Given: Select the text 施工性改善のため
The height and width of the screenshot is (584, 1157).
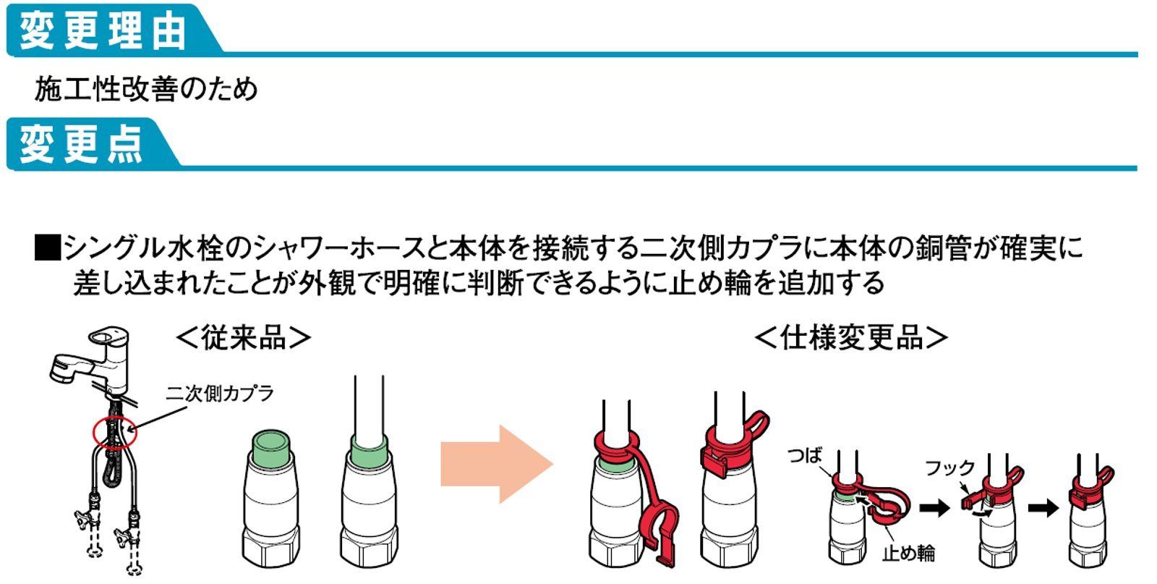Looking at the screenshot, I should pyautogui.click(x=145, y=90).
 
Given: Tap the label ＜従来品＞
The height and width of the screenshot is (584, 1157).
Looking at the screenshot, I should pyautogui.click(x=244, y=337).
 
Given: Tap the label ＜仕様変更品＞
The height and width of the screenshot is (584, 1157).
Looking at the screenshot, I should pyautogui.click(x=850, y=337).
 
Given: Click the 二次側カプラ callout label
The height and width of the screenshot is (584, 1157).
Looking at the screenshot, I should pyautogui.click(x=220, y=394).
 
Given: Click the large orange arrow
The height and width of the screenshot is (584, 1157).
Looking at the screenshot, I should pyautogui.click(x=496, y=464).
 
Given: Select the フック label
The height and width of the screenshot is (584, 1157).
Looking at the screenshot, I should pyautogui.click(x=950, y=468).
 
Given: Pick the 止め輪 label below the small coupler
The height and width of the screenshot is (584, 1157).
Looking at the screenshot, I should pyautogui.click(x=908, y=553).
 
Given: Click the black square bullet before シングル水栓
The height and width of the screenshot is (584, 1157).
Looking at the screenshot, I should pyautogui.click(x=46, y=248).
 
